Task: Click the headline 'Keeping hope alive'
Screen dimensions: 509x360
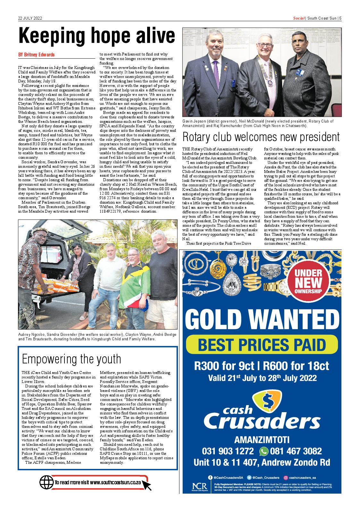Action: pyautogui.click(x=96, y=36)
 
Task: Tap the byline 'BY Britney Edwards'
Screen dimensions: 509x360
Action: pyautogui.click(x=36, y=55)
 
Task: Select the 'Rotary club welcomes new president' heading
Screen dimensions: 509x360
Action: pyautogui.click(x=261, y=137)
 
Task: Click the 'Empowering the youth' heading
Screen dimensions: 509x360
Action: pyautogui.click(x=71, y=359)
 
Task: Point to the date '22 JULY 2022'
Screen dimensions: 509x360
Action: pyautogui.click(x=30, y=18)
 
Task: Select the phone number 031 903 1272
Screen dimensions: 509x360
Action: pyautogui.click(x=228, y=451)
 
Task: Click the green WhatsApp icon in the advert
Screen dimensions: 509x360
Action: pyautogui.click(x=264, y=451)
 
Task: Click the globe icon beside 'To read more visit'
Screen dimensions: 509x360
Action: pyautogui.click(x=46, y=482)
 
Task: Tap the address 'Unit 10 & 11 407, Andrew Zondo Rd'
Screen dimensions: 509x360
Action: pyautogui.click(x=262, y=462)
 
